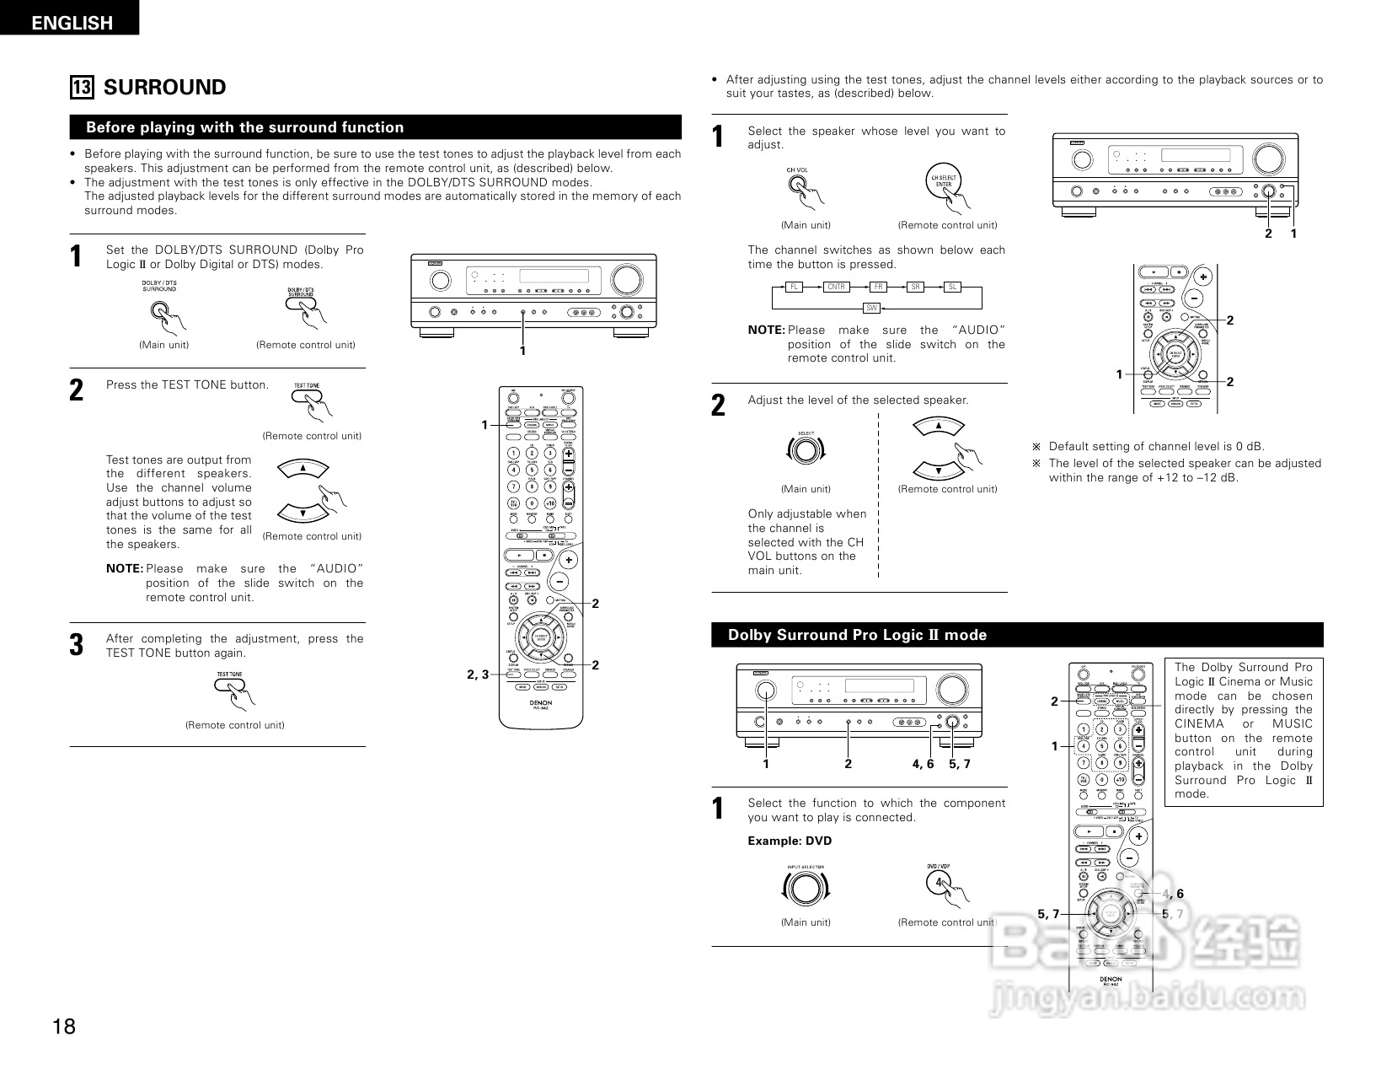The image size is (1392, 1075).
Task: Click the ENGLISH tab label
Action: pos(72,23)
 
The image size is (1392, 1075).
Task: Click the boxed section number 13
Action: pos(82,88)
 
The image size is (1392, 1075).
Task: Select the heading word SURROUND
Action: pos(164,88)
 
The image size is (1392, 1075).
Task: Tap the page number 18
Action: pos(64,1026)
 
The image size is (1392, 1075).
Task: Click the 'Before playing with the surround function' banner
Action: pos(245,127)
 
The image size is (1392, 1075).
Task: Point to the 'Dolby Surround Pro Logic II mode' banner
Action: pos(857,635)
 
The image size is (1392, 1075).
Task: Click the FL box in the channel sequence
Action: pos(794,287)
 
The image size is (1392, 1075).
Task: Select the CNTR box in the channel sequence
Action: pos(835,287)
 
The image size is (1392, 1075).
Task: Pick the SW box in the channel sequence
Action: pos(872,309)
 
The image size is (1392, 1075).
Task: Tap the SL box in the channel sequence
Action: pos(953,287)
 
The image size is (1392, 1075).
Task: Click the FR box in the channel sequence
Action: pos(879,287)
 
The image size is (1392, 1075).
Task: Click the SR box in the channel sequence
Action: pos(916,287)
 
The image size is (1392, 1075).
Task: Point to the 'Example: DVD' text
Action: pos(790,841)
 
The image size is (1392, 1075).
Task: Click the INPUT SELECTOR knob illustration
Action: pos(805,888)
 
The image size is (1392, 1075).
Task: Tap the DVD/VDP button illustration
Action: pos(939,883)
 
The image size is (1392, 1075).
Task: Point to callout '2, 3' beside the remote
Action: pos(478,674)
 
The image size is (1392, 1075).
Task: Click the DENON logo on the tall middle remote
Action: pos(540,701)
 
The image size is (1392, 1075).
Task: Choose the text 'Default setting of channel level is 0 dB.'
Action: pos(1156,446)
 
